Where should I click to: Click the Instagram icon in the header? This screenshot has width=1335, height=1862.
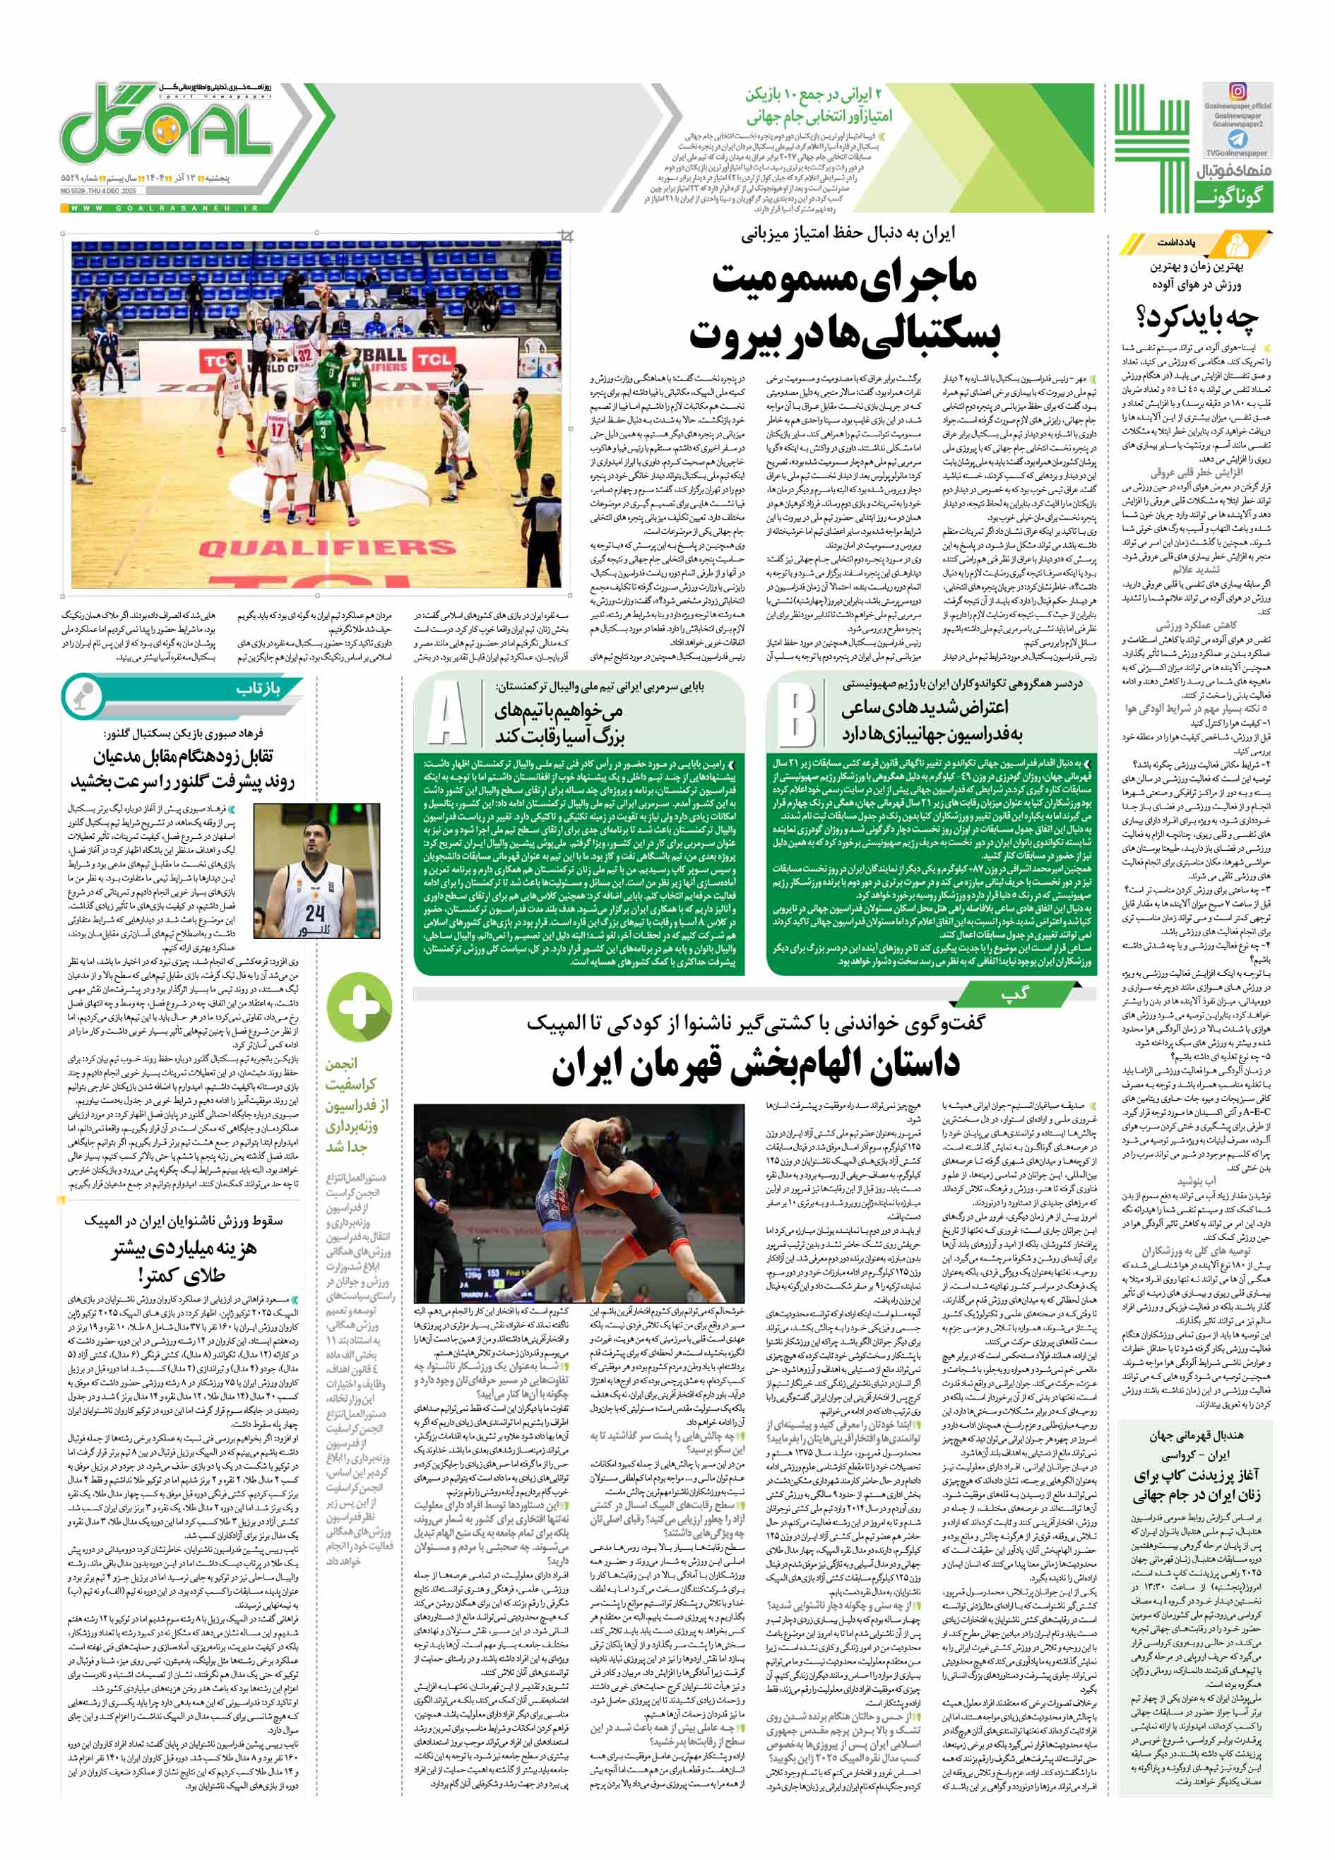(x=1237, y=92)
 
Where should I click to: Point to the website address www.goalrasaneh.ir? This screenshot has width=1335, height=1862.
(x=164, y=208)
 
